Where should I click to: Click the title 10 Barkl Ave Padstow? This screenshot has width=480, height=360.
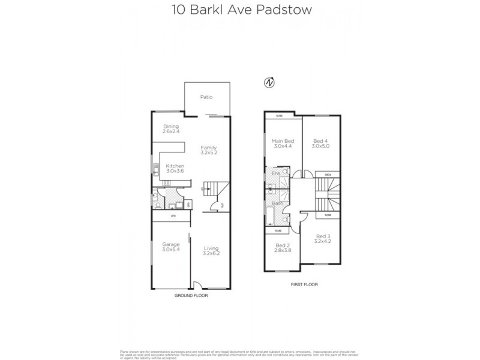(x=240, y=10)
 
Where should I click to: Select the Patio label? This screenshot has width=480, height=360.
(x=206, y=97)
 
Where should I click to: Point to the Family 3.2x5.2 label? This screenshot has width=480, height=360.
(x=209, y=151)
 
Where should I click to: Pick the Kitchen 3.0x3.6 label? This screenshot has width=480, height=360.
(x=175, y=169)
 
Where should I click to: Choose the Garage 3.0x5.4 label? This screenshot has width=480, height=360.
(x=170, y=247)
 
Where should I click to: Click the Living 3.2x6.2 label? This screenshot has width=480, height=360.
(x=211, y=251)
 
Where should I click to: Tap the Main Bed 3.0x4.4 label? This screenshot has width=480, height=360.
(x=281, y=145)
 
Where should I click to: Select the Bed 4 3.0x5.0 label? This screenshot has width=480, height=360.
(x=321, y=145)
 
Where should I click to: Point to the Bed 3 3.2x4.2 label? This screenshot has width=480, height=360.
(x=322, y=239)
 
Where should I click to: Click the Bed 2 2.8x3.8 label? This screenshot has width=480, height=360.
(x=283, y=248)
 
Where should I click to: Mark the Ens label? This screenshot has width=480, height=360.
(x=276, y=174)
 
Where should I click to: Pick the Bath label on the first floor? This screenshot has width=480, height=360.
(x=278, y=203)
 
